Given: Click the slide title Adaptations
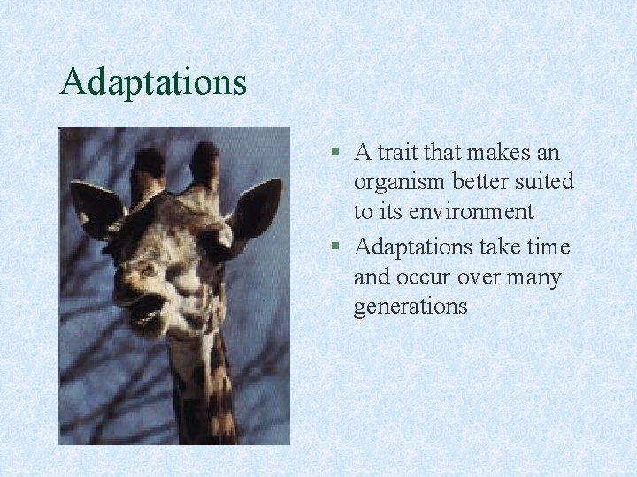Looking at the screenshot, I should [x=153, y=82].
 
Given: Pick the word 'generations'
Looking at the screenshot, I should [x=410, y=307].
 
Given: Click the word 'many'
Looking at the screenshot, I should [x=533, y=277].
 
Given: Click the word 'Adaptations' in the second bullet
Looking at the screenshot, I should [x=414, y=246].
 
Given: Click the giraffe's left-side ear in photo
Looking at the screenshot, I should [x=96, y=208].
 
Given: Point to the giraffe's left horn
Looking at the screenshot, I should [x=148, y=171].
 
